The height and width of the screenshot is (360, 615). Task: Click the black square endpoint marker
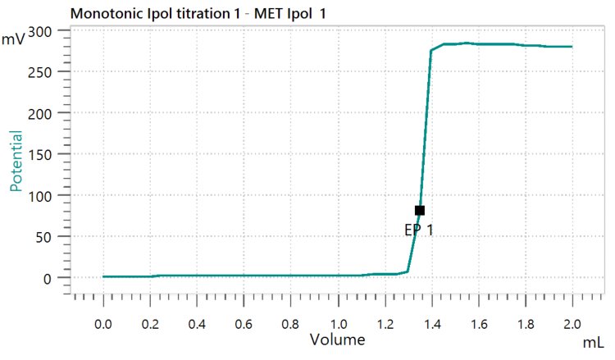pyautogui.click(x=420, y=211)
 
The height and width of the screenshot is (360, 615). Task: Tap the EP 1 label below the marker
pyautogui.click(x=418, y=230)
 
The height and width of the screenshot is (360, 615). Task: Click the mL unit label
pyautogui.click(x=595, y=339)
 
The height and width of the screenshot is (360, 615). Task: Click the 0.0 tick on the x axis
pyautogui.click(x=103, y=323)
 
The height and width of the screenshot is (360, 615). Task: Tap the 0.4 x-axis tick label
pyautogui.click(x=197, y=323)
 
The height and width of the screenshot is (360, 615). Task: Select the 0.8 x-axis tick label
pyautogui.click(x=290, y=323)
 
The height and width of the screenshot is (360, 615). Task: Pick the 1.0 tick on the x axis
pyautogui.click(x=337, y=323)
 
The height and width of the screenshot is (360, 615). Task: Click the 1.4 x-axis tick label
pyautogui.click(x=431, y=323)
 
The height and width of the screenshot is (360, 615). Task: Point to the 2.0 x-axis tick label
pyautogui.click(x=572, y=323)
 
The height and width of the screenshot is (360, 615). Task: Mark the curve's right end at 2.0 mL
pyautogui.click(x=572, y=47)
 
